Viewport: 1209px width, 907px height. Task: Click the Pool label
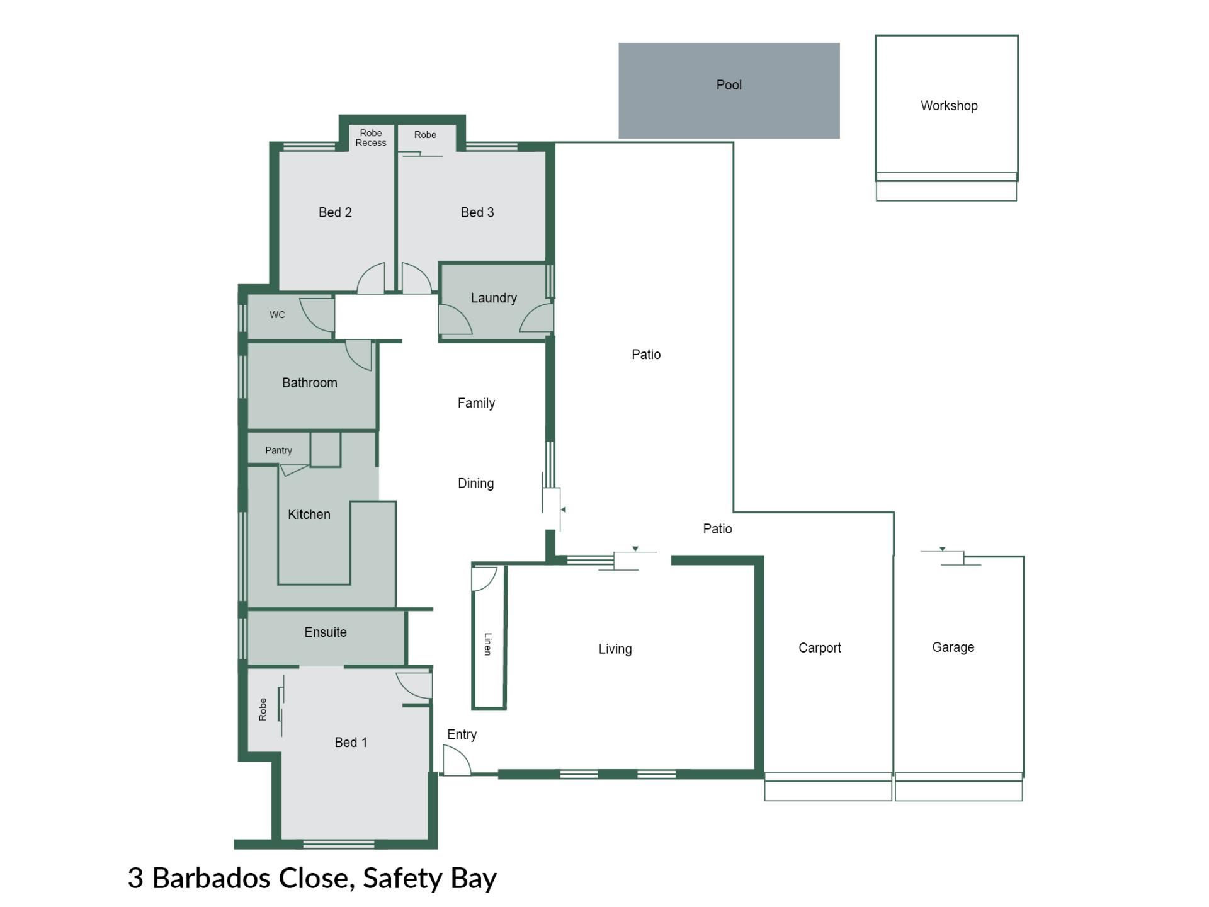point(729,85)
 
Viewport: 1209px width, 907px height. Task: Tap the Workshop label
point(949,106)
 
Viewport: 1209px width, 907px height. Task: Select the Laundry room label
point(494,298)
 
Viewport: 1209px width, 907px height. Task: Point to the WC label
point(277,315)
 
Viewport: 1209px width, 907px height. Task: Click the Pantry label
point(278,450)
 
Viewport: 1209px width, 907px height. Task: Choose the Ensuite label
point(325,632)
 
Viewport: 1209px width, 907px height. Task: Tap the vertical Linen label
point(488,644)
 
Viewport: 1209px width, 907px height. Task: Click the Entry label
point(462,735)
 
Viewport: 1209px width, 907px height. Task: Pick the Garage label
point(953,647)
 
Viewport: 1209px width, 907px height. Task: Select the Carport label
point(819,648)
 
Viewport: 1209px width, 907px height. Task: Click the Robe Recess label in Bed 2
point(371,138)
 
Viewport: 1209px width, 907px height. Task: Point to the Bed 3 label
point(477,213)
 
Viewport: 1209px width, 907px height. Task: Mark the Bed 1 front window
point(338,844)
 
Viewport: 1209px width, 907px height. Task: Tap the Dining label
point(475,484)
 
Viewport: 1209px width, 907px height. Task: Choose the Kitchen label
point(309,515)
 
